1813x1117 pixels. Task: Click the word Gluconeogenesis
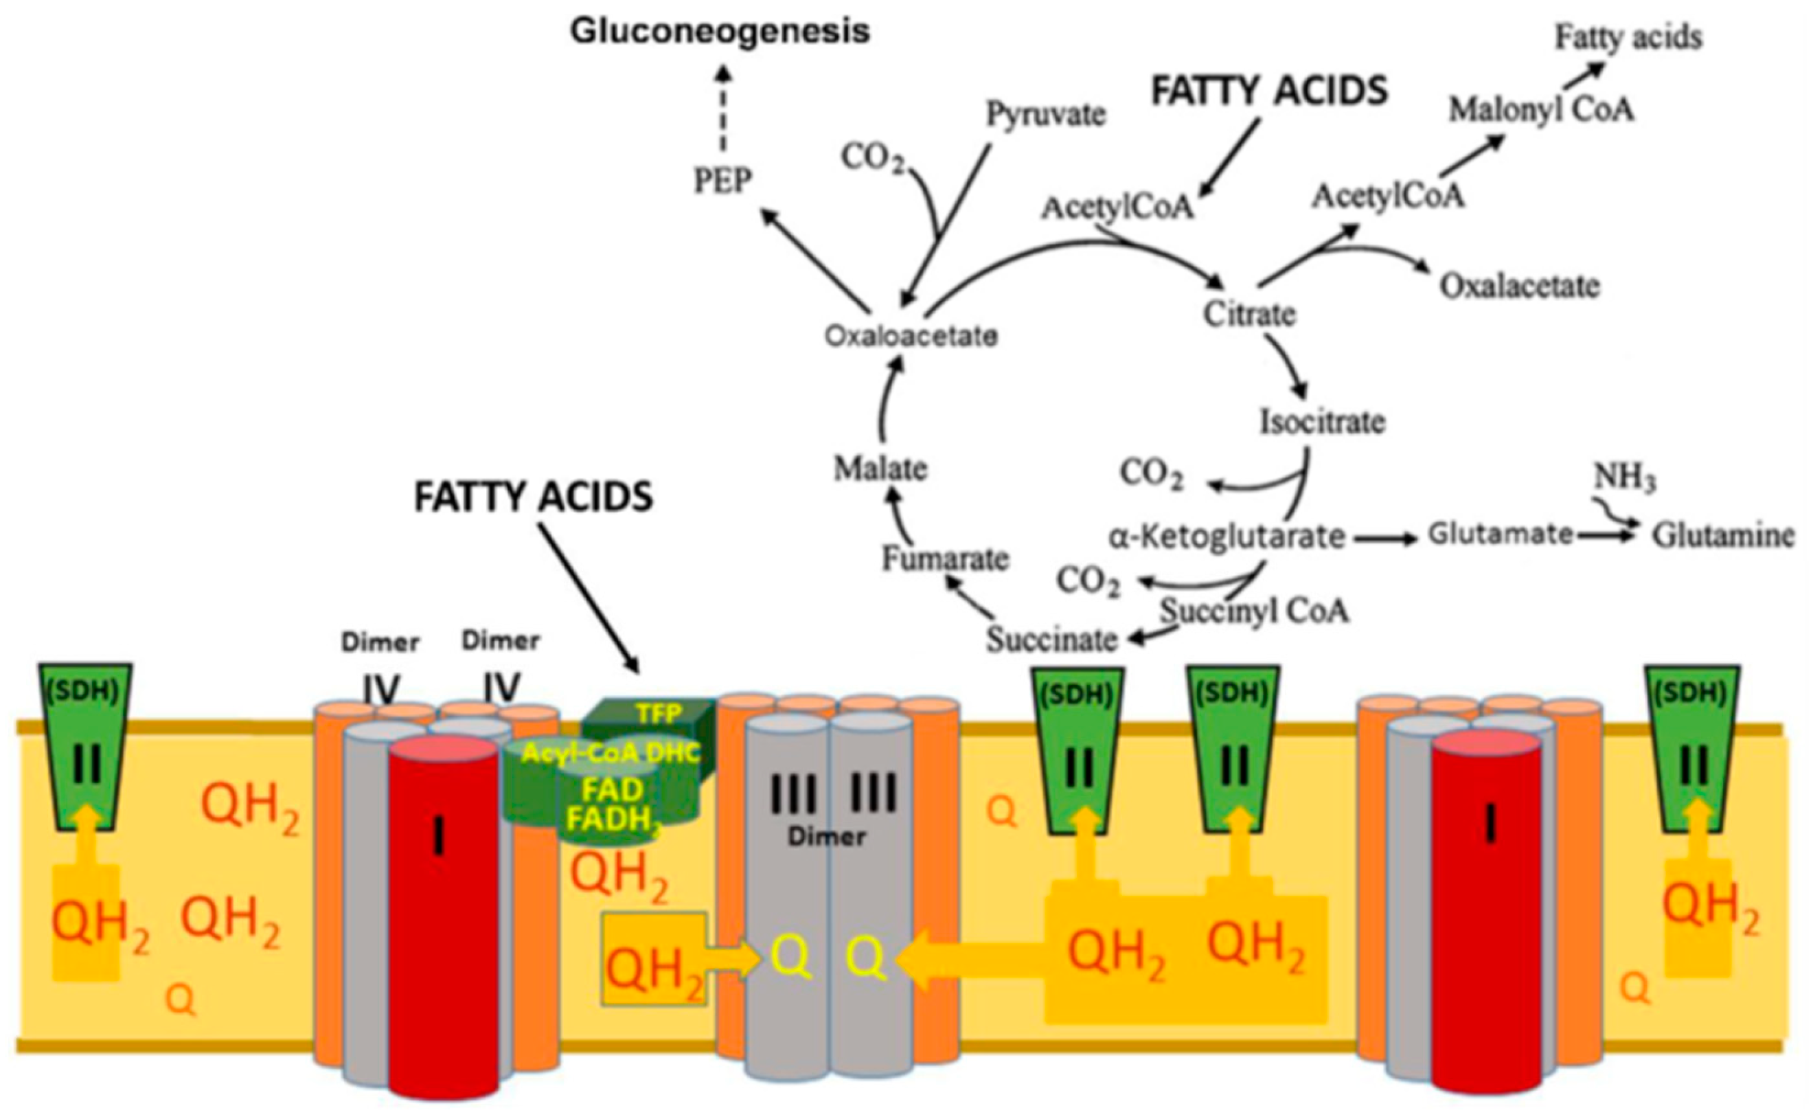pyautogui.click(x=720, y=32)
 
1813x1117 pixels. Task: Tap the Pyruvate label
pyautogui.click(x=1046, y=115)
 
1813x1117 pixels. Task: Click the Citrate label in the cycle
pyautogui.click(x=1250, y=314)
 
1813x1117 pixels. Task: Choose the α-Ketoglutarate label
pyautogui.click(x=1227, y=537)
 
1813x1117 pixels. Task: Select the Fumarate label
pyautogui.click(x=945, y=559)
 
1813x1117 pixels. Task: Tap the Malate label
pyautogui.click(x=880, y=469)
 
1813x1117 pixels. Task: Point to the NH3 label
pyautogui.click(x=1624, y=479)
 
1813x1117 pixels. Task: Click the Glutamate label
pyautogui.click(x=1500, y=533)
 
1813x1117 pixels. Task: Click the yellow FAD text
pyautogui.click(x=612, y=791)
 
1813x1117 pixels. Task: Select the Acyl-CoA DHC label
pyautogui.click(x=610, y=754)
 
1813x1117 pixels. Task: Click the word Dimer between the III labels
pyautogui.click(x=826, y=836)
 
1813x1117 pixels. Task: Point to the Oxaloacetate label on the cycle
pyautogui.click(x=911, y=337)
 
